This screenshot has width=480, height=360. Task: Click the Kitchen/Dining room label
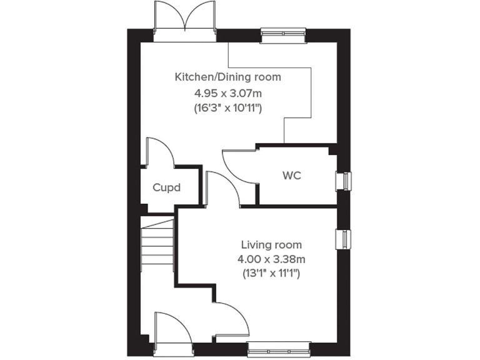point(227,77)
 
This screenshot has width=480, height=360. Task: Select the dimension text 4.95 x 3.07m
point(227,93)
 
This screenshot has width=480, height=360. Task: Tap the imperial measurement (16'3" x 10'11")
point(227,108)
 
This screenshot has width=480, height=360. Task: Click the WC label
point(292,176)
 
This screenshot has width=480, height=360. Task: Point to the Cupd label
point(166,187)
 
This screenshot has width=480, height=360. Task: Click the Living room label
point(272,244)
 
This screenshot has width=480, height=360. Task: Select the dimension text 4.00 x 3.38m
point(272,259)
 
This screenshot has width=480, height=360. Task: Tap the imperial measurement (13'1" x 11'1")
point(272,273)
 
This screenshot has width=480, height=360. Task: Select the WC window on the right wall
point(342,180)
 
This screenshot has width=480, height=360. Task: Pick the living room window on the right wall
point(342,239)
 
